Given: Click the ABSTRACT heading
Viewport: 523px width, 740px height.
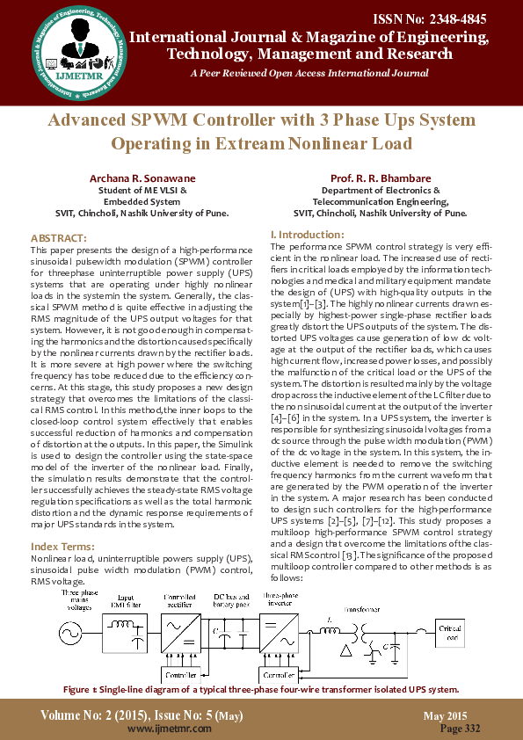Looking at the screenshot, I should point(58,238).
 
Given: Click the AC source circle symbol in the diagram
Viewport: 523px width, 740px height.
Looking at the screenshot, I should point(68,632).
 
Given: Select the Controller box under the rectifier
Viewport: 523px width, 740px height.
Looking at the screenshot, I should point(181,675).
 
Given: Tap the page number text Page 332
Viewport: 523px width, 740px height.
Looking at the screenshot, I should point(460,729).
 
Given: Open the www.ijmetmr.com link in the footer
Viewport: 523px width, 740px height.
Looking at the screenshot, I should point(163,729).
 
